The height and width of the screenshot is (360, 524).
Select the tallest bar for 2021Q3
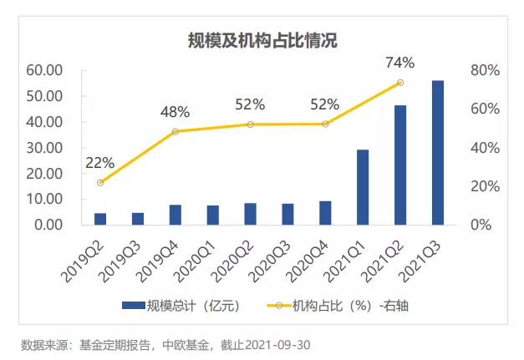pos(437,153)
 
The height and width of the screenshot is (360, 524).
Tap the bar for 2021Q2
pos(399,165)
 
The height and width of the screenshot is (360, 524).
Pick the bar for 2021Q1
pos(363,187)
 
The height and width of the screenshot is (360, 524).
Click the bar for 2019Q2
pos(100,219)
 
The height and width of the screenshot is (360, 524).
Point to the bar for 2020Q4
pos(325,213)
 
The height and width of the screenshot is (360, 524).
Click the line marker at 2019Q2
pos(100,182)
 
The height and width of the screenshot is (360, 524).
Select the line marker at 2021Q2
pos(399,83)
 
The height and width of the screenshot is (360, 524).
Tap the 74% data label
pos(399,63)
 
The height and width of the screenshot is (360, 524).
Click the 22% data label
pos(100,163)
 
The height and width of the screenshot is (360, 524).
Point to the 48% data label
pos(176,112)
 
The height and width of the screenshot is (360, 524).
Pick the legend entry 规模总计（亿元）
pos(182,306)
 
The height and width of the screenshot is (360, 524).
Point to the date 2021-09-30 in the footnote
pos(280,344)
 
